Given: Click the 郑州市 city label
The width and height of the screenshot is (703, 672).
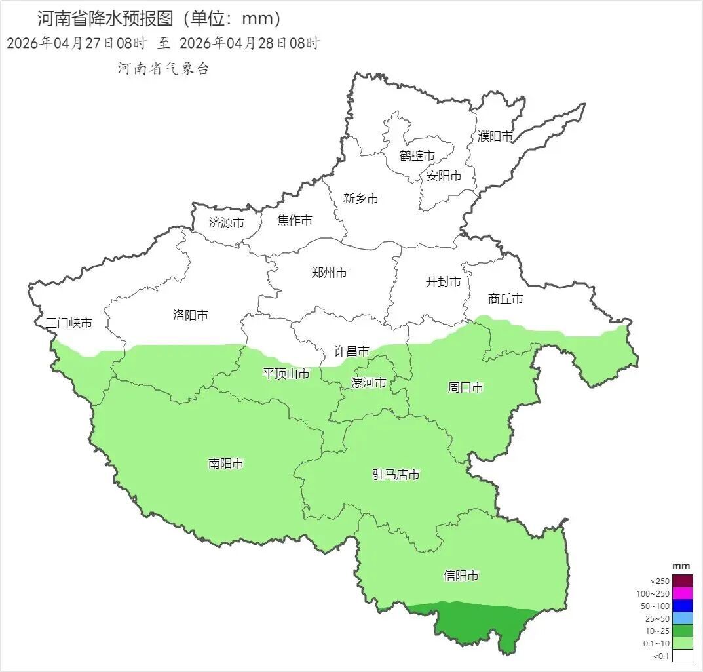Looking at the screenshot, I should click(x=329, y=273).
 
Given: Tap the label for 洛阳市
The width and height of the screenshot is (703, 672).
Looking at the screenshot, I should click(x=190, y=315).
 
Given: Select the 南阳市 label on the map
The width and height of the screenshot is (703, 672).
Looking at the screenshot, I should click(x=225, y=464).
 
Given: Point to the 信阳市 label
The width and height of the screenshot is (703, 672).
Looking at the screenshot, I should click(x=461, y=576).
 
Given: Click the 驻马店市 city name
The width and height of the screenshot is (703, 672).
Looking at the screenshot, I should click(x=396, y=475).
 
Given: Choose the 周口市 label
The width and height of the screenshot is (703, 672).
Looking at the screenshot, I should click(x=465, y=387).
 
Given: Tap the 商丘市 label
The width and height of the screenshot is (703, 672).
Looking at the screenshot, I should click(x=506, y=299).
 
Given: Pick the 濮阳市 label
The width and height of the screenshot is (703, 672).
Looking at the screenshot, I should click(x=495, y=136).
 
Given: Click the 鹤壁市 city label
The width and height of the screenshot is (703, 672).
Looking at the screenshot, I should click(x=417, y=156).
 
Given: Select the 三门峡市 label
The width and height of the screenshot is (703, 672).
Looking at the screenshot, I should click(x=69, y=323).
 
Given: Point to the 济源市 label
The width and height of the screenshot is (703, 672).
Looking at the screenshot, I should click(x=226, y=223).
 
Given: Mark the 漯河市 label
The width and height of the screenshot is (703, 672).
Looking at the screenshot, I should click(x=369, y=383).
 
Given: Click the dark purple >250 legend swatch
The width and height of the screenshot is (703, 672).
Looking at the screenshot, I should click(x=682, y=581).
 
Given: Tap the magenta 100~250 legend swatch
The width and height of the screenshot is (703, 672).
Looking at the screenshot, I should click(x=682, y=593).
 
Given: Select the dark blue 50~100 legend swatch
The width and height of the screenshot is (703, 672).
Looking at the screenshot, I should click(x=682, y=606).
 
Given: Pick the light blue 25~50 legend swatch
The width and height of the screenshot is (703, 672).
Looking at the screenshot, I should click(x=682, y=618).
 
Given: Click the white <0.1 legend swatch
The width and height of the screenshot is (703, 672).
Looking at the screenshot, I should click(x=682, y=655).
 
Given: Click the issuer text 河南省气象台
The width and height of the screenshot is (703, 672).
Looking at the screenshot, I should click(x=163, y=69).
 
